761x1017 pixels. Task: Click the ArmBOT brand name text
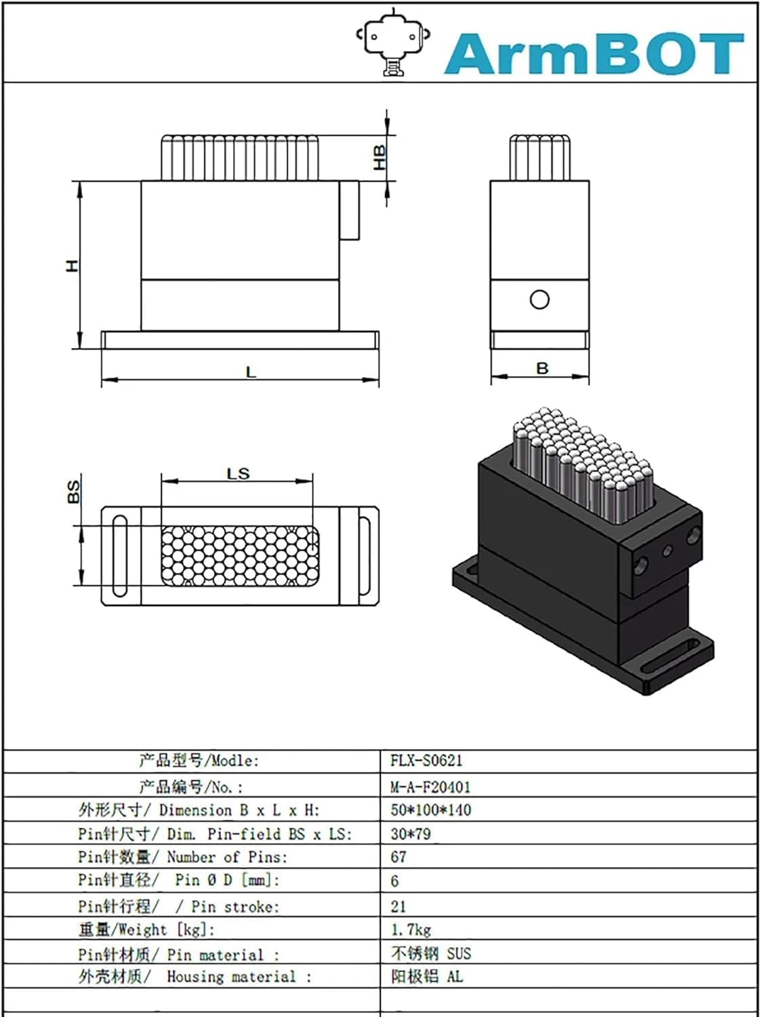click(x=594, y=54)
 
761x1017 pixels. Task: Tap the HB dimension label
click(x=379, y=157)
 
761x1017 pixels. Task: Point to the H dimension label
click(x=72, y=265)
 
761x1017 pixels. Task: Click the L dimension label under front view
click(x=251, y=372)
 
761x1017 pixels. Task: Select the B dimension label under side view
click(x=541, y=368)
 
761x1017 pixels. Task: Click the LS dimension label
click(x=238, y=473)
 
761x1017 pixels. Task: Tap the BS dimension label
click(x=73, y=491)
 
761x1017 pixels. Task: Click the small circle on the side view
click(x=539, y=300)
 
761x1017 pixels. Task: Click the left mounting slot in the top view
click(x=120, y=555)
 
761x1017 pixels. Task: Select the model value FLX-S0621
click(x=426, y=760)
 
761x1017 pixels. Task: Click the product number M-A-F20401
click(x=430, y=786)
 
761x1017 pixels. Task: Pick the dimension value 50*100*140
click(x=430, y=810)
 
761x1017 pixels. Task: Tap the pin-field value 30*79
click(x=410, y=833)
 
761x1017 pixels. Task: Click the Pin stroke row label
click(x=178, y=906)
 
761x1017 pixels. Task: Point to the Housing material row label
click(x=194, y=976)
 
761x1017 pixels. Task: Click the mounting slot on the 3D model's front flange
click(x=672, y=657)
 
